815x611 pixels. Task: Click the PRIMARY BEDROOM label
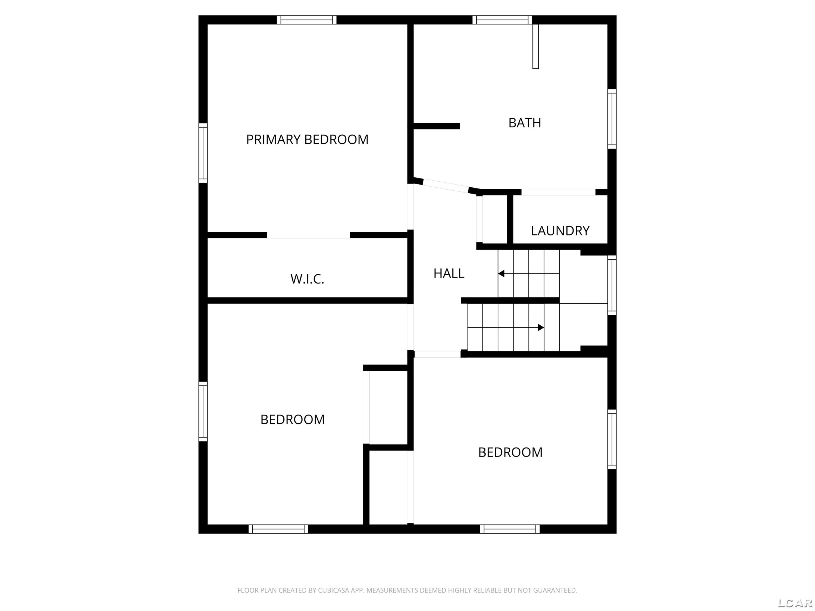307,140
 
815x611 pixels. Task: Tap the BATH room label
525,123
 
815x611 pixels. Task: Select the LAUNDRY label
560,231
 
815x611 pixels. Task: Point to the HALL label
449,273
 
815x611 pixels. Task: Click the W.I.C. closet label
307,279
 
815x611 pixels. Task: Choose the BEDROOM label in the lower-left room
293,420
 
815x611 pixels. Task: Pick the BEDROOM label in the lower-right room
510,452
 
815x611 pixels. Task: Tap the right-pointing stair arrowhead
541,327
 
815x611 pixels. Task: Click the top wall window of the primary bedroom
306,20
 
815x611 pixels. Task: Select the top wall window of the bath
503,20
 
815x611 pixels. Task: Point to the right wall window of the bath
612,119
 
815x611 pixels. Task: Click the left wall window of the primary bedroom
203,153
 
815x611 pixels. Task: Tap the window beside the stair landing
612,285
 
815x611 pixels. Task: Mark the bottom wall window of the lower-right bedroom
510,529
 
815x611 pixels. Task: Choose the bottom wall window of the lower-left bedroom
278,529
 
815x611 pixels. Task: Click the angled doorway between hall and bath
446,186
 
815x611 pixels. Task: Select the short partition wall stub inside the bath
437,126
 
